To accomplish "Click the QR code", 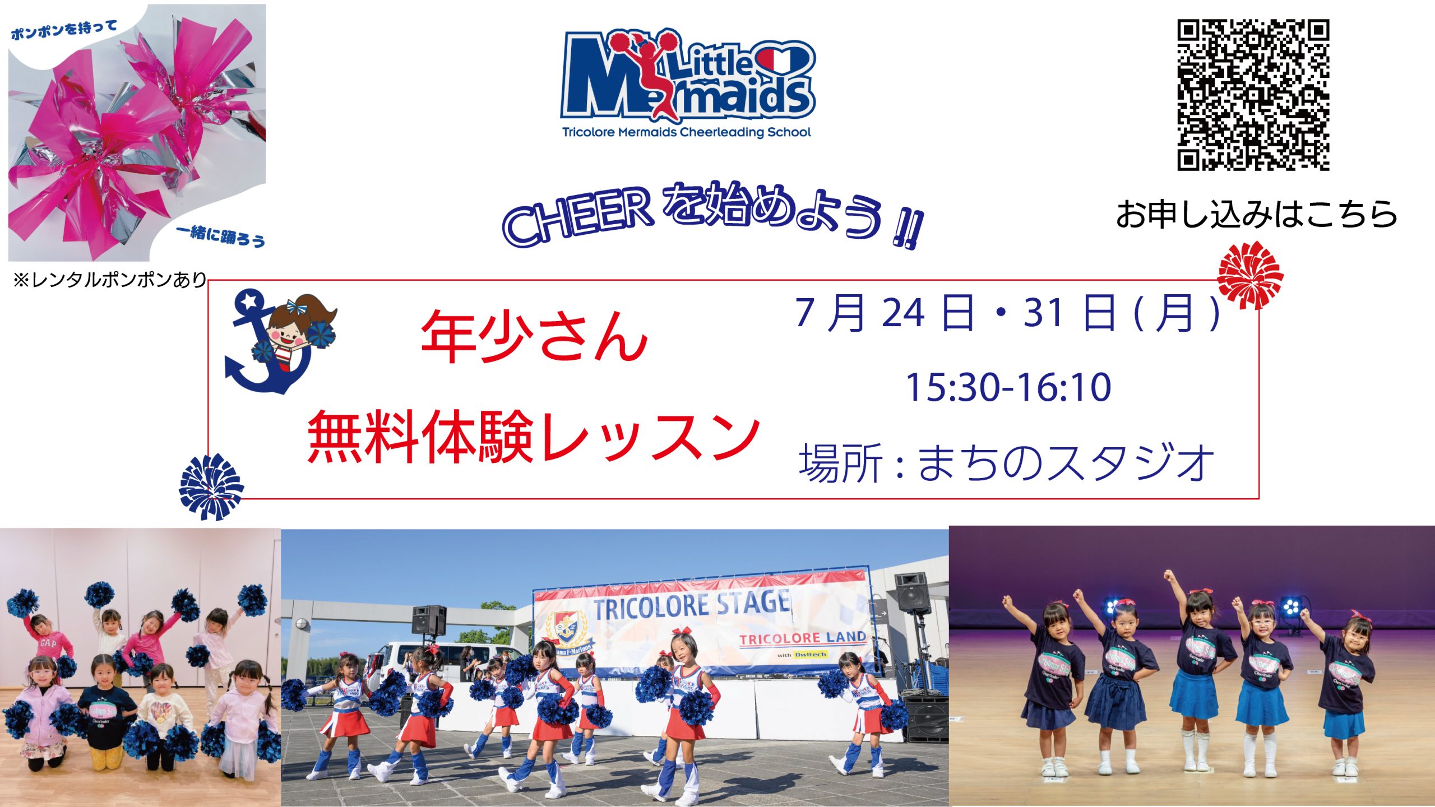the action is (x=1253, y=95).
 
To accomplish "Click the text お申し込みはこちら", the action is (x=1256, y=214).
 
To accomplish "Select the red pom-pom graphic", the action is (x=1251, y=275).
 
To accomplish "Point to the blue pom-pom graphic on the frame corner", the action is (x=211, y=486).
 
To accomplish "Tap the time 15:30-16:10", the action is (x=1008, y=387).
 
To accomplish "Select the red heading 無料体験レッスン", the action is (x=533, y=436).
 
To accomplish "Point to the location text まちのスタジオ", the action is (x=1066, y=463).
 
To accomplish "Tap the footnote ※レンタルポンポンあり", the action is (x=110, y=279).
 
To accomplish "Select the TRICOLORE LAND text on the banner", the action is (x=803, y=638).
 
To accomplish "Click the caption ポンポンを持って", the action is (x=64, y=30).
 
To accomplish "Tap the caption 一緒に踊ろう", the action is (x=220, y=235).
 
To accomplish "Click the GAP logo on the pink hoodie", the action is (x=48, y=643).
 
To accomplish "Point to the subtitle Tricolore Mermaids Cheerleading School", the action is (x=687, y=132).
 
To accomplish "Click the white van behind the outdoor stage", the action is (x=443, y=661).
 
